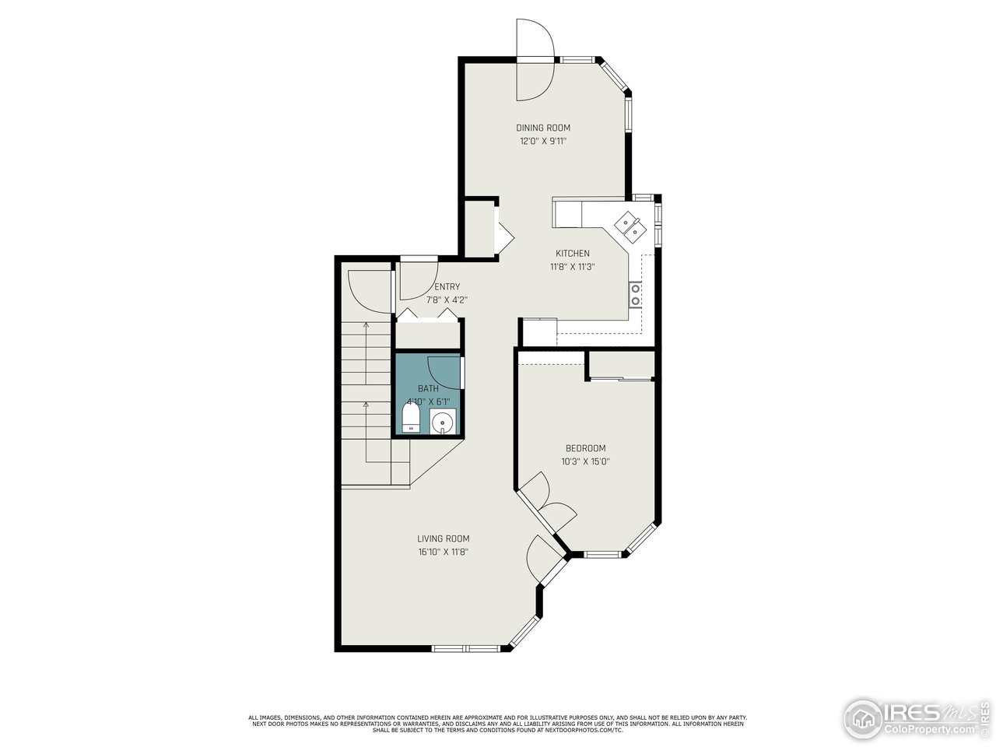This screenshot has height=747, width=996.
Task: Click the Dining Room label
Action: pyautogui.click(x=543, y=128)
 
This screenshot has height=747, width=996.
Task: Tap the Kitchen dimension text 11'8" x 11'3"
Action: pyautogui.click(x=572, y=267)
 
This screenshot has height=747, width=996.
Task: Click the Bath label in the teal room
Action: pyautogui.click(x=428, y=388)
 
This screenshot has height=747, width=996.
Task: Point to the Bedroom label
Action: pyautogui.click(x=585, y=448)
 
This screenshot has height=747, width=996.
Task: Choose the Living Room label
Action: pyautogui.click(x=443, y=538)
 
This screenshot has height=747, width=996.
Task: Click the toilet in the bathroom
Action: pyautogui.click(x=411, y=418)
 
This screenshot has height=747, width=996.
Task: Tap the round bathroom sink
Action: pyautogui.click(x=442, y=421)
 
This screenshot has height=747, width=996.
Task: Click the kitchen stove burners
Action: pyautogui.click(x=636, y=294)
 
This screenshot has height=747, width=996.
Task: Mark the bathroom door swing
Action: pyautogui.click(x=444, y=370)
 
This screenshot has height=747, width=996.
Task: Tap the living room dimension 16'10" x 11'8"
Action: pyautogui.click(x=443, y=552)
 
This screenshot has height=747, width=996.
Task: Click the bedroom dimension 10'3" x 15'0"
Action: pyautogui.click(x=585, y=461)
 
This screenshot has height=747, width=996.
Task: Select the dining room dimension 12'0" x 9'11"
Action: pyautogui.click(x=543, y=142)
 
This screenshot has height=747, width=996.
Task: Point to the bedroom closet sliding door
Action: pyautogui.click(x=621, y=378)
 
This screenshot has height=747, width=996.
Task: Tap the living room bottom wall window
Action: pyautogui.click(x=466, y=648)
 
